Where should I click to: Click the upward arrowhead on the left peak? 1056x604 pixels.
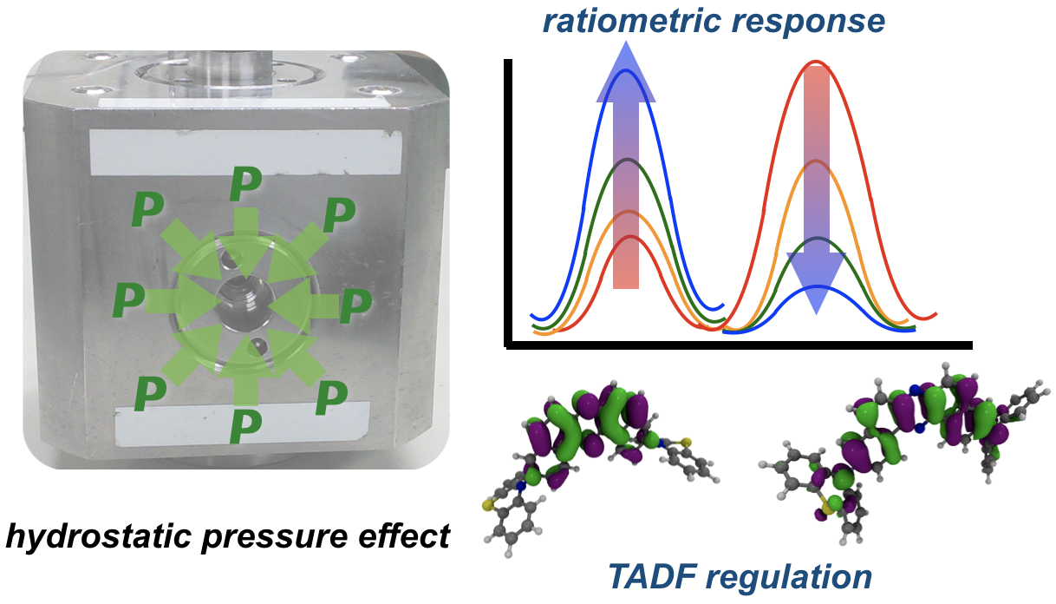pyautogui.click(x=626, y=74)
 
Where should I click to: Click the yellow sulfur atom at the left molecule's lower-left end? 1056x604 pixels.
pyautogui.click(x=488, y=502)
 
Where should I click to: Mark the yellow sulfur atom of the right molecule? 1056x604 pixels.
pyautogui.click(x=818, y=501)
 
